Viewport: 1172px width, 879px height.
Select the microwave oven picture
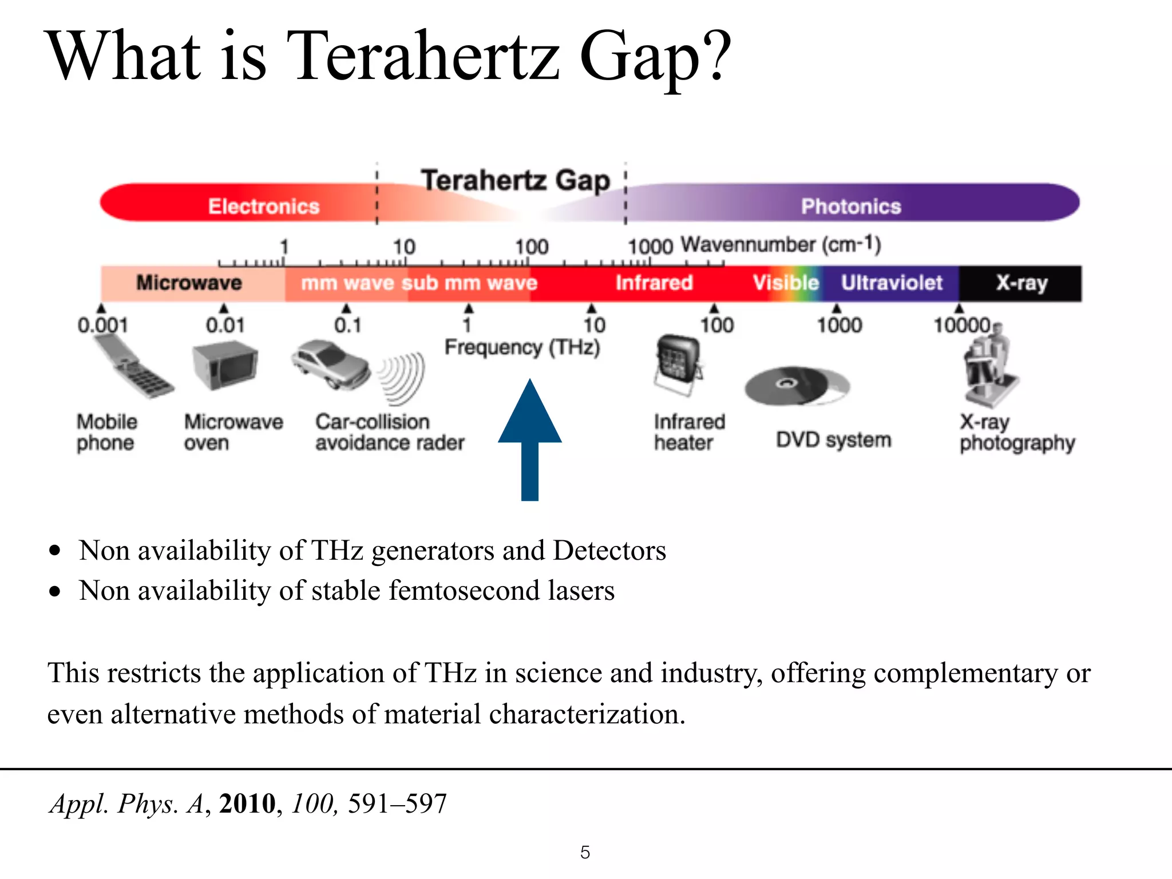[224, 366]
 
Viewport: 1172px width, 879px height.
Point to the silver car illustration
[330, 365]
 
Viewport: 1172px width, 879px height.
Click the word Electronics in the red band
[263, 206]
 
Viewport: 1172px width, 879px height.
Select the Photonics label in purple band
[851, 206]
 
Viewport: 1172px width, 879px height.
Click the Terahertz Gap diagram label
[516, 180]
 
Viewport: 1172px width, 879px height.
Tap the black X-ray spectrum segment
[1021, 283]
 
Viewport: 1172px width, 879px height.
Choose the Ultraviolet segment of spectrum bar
[891, 283]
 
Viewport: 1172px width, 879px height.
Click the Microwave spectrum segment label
[189, 283]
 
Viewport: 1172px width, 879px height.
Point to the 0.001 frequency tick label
[102, 325]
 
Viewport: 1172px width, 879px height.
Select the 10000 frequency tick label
[962, 325]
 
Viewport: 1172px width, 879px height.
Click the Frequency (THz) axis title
[522, 347]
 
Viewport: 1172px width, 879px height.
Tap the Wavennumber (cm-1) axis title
[781, 245]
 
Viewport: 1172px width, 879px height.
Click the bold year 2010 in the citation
[247, 803]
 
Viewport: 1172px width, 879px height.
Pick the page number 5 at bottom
[585, 852]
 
